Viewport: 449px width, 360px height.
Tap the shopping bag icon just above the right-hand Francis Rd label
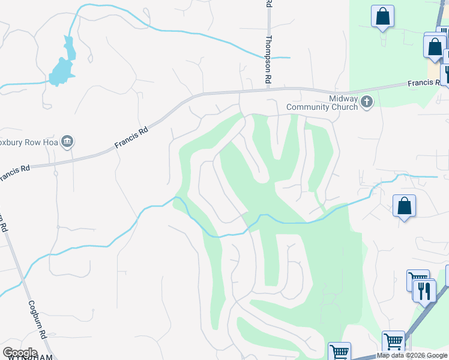[x=434, y=47]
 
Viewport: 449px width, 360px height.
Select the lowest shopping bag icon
[x=405, y=206]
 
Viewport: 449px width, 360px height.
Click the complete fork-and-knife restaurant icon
[x=424, y=291]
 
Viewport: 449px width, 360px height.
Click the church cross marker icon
[x=367, y=103]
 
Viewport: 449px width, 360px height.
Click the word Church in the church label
[x=344, y=107]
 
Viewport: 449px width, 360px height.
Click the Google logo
[x=20, y=353]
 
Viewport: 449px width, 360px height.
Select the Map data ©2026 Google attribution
[x=412, y=355]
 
